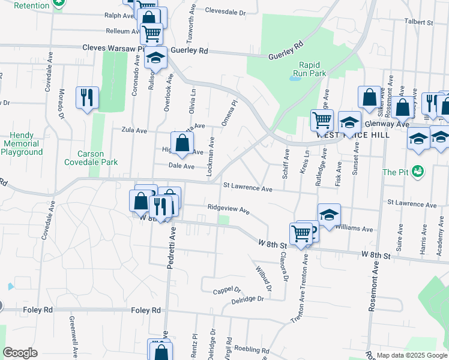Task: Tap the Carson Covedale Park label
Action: click(92, 157)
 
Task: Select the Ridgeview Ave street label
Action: click(228, 210)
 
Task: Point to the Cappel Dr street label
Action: click(226, 291)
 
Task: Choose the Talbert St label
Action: click(418, 22)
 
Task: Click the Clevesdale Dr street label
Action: click(225, 11)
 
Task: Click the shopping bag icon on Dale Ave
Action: click(182, 143)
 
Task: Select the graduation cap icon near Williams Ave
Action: click(328, 215)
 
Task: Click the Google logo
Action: click(20, 353)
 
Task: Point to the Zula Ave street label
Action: click(134, 130)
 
